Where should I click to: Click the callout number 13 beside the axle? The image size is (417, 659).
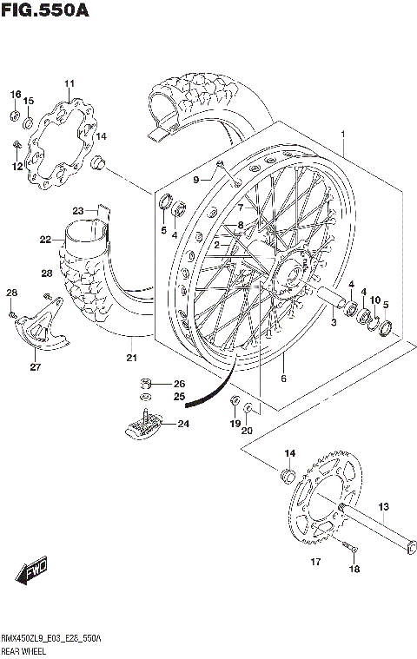click(383, 507)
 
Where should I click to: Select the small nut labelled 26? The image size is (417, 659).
click(148, 385)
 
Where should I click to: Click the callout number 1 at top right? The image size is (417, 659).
click(344, 135)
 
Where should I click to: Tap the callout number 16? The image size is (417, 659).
click(15, 94)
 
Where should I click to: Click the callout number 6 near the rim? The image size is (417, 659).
click(282, 379)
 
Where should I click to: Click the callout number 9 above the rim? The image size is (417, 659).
click(196, 180)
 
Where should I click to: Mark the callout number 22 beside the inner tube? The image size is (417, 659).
click(45, 241)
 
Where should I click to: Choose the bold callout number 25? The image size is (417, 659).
click(180, 398)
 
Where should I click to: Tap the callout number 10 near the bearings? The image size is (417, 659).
click(375, 300)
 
